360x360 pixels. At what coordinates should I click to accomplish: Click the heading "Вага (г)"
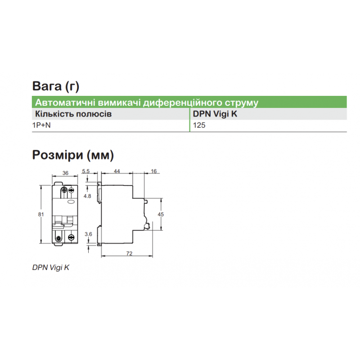(x=56, y=86)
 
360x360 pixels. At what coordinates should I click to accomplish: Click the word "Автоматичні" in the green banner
(x=65, y=103)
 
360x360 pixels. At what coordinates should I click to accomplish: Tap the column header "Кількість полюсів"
(x=73, y=114)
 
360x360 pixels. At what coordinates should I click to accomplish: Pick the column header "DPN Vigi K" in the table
(x=215, y=114)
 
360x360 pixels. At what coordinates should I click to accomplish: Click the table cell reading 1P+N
(x=41, y=125)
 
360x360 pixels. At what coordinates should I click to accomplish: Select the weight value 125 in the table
(x=199, y=126)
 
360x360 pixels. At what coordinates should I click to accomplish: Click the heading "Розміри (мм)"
(x=73, y=155)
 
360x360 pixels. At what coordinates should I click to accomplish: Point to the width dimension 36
(x=65, y=173)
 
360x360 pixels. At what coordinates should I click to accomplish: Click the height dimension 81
(x=41, y=215)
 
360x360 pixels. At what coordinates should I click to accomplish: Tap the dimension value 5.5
(x=86, y=171)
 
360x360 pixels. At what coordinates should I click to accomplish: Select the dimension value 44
(x=117, y=171)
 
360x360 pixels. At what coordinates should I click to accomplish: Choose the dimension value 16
(x=153, y=171)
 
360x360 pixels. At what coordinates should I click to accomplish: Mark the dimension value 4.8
(x=87, y=196)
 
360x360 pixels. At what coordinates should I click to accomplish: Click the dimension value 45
(x=161, y=215)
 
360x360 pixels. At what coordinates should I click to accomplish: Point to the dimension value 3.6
(x=88, y=234)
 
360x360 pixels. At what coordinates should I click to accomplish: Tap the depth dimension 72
(x=130, y=253)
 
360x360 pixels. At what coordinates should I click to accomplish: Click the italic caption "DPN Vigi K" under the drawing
(x=51, y=268)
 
